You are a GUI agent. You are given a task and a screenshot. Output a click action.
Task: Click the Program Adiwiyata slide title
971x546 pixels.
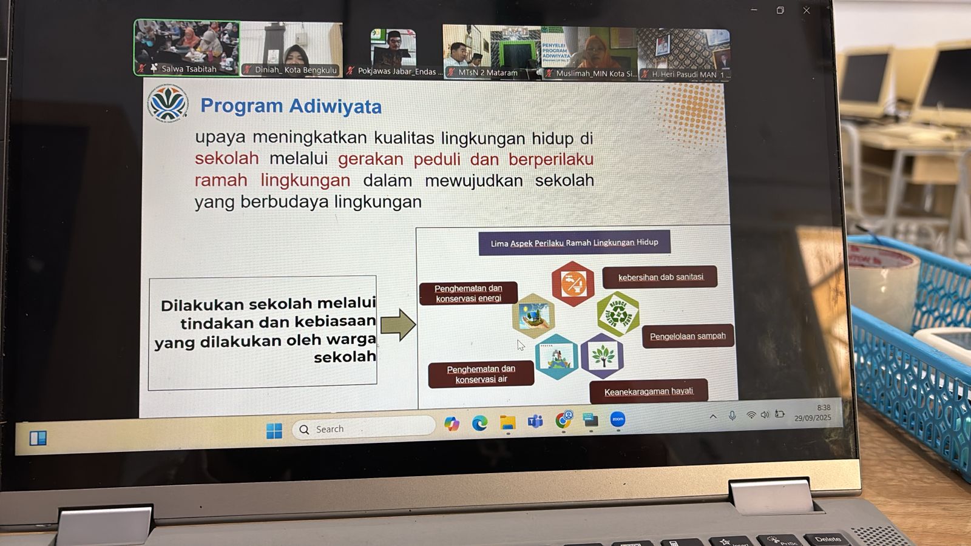[291, 106]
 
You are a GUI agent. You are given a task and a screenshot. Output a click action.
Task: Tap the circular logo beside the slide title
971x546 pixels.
[167, 104]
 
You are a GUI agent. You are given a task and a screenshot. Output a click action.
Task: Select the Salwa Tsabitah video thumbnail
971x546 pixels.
[187, 47]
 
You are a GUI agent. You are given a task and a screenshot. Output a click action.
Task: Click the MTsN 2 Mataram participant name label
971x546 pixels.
[487, 73]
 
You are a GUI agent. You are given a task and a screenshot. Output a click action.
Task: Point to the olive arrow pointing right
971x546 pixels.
[398, 325]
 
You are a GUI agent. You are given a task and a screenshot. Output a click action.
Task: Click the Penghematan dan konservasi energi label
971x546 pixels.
[468, 293]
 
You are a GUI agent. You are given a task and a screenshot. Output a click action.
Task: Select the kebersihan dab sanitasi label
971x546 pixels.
[660, 277]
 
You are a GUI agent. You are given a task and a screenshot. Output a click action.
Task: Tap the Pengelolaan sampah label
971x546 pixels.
[687, 336]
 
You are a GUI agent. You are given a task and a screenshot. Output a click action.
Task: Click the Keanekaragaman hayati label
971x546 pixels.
[648, 391]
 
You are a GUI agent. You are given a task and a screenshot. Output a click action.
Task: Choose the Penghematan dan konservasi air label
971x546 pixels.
[481, 374]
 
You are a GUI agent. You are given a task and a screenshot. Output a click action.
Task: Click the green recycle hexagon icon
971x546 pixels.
[618, 314]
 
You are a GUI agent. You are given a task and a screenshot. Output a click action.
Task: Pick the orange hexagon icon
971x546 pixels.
[572, 283]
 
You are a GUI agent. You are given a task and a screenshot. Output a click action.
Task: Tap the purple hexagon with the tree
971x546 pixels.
[602, 356]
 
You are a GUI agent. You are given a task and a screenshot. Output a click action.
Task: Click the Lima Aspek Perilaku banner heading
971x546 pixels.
[574, 243]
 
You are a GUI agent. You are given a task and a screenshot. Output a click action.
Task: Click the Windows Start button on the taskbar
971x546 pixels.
[274, 431]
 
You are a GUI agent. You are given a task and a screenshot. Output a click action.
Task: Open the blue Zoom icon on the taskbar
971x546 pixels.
[617, 419]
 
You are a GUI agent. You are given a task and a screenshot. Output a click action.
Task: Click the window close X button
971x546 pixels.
[807, 10]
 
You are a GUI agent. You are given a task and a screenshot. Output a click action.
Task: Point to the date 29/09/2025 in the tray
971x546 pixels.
[813, 418]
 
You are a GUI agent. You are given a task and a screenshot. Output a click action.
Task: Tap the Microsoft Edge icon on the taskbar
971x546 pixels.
[479, 423]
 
